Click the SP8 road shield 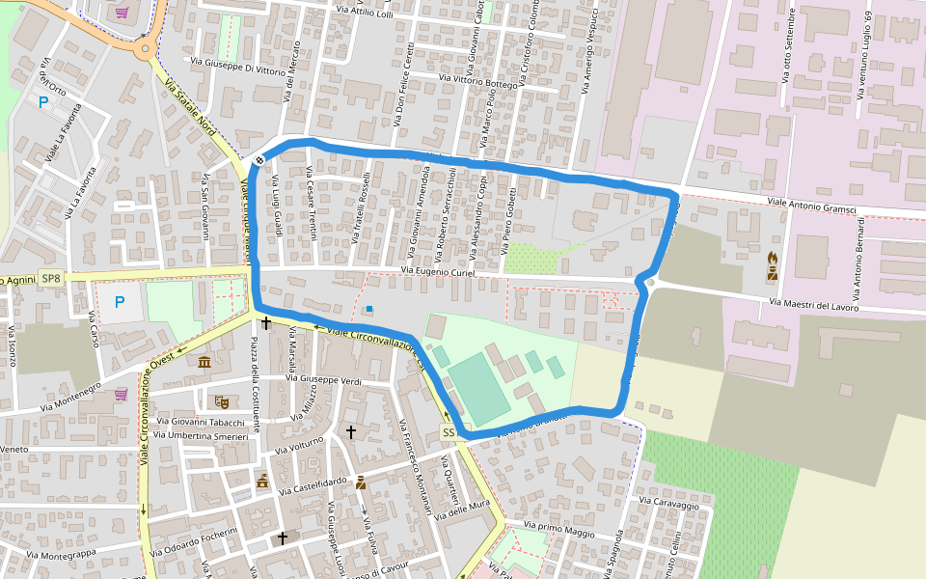(50, 279)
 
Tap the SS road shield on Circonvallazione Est (448, 433)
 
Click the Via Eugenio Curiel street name (452, 274)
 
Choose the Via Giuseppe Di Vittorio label (232, 69)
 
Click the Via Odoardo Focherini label (194, 531)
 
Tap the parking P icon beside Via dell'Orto (42, 100)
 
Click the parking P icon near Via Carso (120, 302)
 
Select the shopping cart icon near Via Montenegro (121, 394)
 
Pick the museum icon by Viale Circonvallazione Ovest (204, 362)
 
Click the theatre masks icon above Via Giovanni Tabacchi (222, 400)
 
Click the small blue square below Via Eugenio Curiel (369, 309)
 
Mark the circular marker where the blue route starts (259, 160)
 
